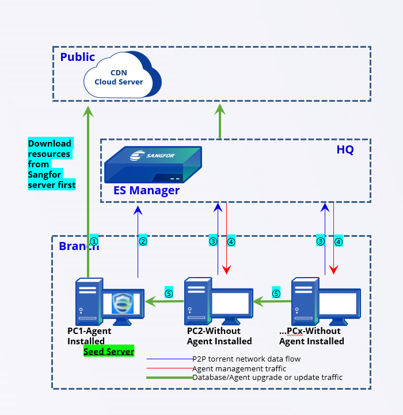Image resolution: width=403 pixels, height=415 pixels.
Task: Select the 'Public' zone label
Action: point(77,57)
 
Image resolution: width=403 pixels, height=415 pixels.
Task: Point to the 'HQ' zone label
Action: point(345,150)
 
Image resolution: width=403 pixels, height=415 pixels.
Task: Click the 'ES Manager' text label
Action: point(146,190)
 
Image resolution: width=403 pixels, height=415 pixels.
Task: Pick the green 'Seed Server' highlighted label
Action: point(109,351)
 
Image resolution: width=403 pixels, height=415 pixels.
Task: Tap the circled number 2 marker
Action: point(143,241)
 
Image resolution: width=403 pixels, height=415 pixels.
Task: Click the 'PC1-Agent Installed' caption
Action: point(89,336)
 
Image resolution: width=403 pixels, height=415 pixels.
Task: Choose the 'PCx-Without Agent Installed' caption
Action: point(311,336)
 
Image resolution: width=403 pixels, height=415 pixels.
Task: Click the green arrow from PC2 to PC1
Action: point(165,300)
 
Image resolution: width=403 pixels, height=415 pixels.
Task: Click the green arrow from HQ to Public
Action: point(219,121)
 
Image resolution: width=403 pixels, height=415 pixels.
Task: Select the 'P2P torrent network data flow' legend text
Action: point(246,359)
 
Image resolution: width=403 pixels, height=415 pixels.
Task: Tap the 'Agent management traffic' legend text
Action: point(239,368)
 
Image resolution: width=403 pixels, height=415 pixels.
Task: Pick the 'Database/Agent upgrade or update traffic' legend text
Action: point(267,378)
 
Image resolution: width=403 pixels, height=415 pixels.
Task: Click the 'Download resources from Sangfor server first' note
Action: point(51,164)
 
